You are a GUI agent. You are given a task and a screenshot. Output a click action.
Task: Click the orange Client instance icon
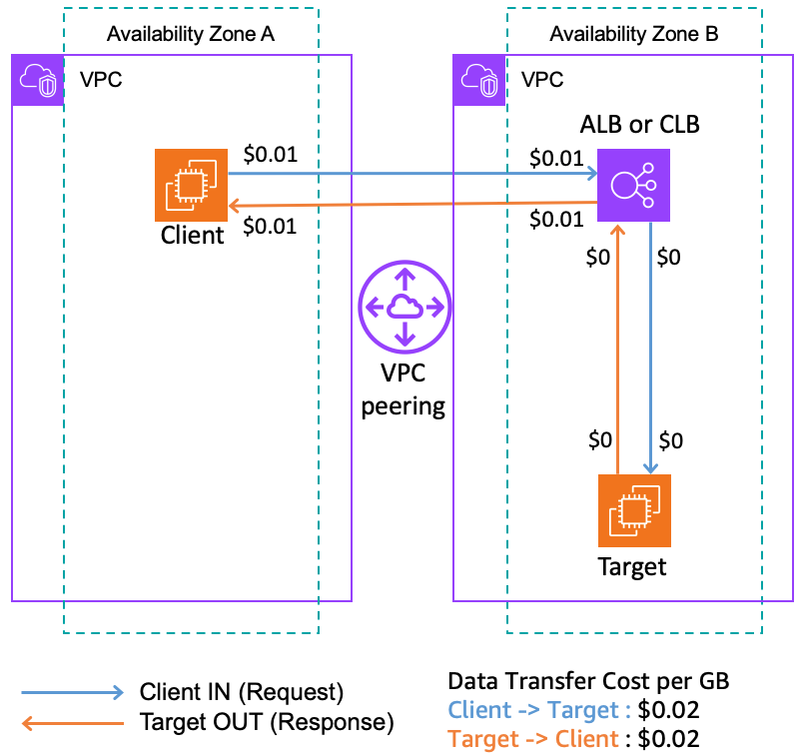point(192,185)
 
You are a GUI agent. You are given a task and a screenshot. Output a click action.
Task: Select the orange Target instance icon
point(634,511)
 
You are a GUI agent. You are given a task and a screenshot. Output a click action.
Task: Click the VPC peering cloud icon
point(403,308)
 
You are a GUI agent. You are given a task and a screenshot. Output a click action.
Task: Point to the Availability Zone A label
point(191,35)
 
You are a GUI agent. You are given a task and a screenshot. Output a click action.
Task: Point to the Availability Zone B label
point(634,35)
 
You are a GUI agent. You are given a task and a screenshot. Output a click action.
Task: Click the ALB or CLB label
point(640,125)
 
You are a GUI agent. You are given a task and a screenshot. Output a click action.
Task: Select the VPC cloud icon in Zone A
point(37,81)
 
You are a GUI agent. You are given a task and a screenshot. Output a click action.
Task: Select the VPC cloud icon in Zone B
point(479,81)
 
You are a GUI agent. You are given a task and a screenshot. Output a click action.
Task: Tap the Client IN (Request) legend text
point(242,692)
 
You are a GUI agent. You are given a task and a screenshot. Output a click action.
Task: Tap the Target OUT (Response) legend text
point(267,721)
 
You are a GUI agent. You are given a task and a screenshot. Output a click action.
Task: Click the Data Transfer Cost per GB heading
point(589,682)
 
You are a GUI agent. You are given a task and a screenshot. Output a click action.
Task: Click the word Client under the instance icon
point(192,237)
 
